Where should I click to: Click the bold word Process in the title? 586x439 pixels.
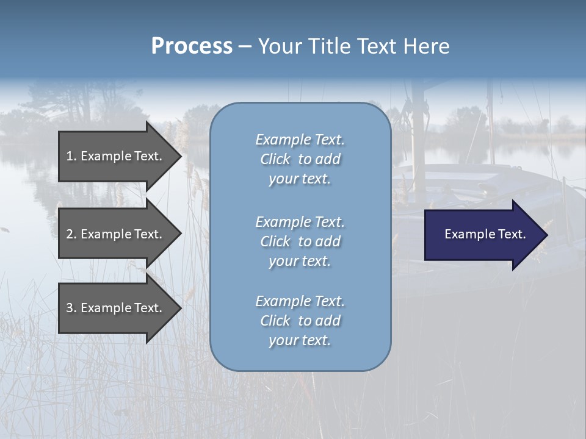(x=192, y=46)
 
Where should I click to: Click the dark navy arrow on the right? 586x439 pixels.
(x=482, y=235)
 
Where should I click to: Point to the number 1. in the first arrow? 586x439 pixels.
(x=71, y=156)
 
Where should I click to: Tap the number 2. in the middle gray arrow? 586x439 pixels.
(x=71, y=234)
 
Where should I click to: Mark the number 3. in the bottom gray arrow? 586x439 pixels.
(x=71, y=308)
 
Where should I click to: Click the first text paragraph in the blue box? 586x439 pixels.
(x=300, y=159)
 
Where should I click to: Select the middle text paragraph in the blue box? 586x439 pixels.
(x=300, y=241)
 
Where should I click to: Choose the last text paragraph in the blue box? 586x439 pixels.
(x=300, y=321)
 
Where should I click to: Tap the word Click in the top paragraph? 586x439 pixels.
(x=275, y=159)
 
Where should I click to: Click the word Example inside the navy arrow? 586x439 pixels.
(x=466, y=234)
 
